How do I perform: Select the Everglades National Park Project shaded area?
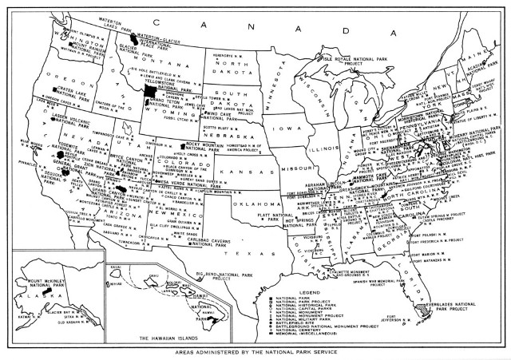pos(422,307)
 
